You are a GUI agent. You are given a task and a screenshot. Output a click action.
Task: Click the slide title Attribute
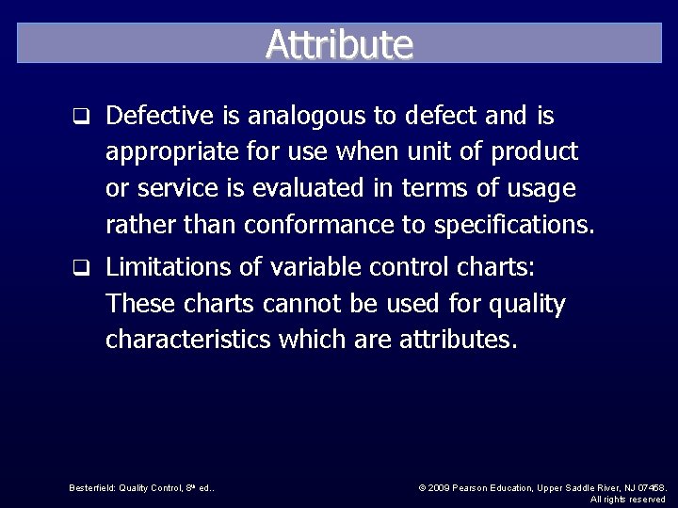point(339,43)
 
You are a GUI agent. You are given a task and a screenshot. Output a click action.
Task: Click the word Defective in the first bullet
point(161,116)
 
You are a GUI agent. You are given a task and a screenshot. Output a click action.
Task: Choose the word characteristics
point(188,340)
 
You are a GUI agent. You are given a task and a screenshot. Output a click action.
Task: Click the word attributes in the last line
point(458,340)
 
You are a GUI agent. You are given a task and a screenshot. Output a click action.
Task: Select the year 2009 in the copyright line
point(441,487)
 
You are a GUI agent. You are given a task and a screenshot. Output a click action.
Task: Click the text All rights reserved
point(628,500)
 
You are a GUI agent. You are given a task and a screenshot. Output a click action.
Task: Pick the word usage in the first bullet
point(540,188)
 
